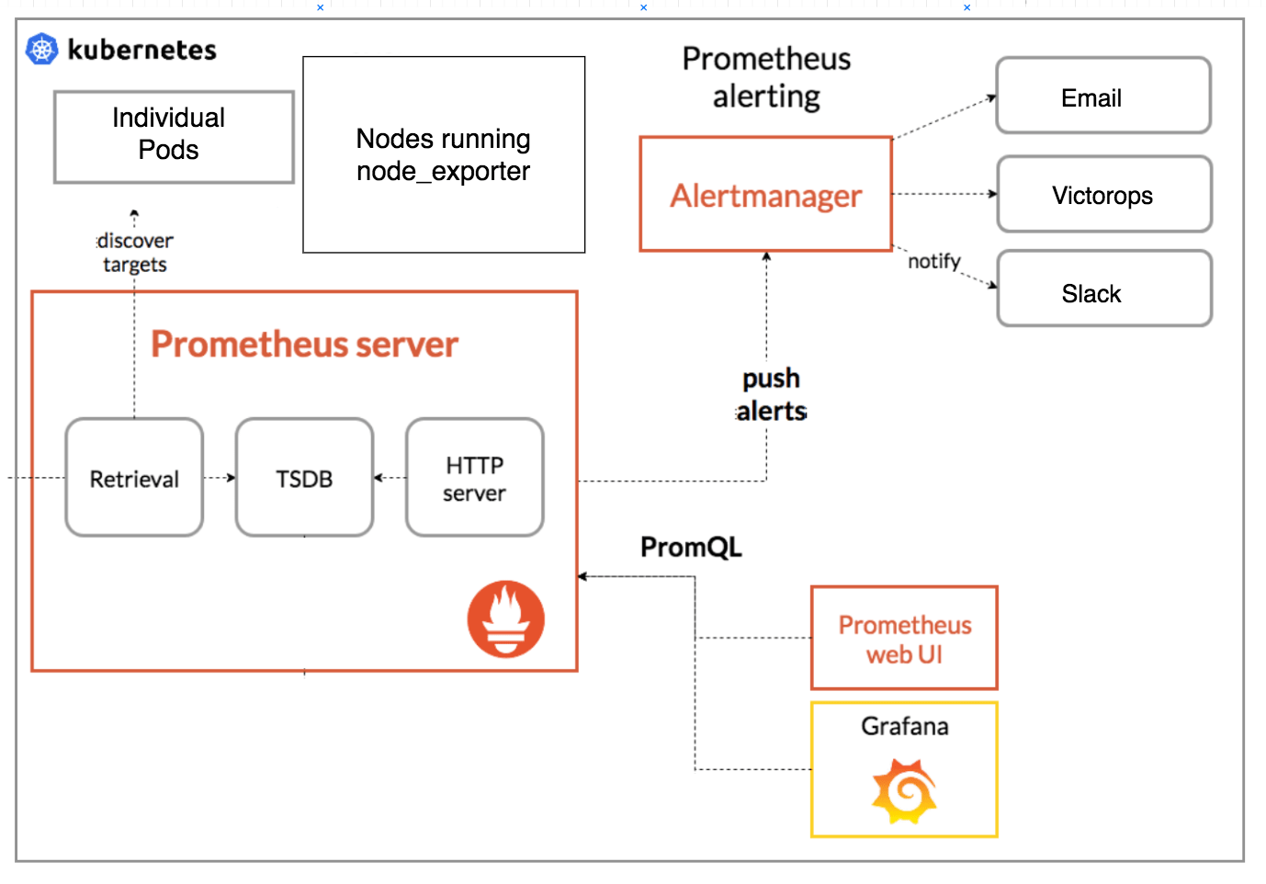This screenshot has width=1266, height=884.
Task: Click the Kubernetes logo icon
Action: click(42, 49)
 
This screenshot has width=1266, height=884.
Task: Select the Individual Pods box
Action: click(174, 136)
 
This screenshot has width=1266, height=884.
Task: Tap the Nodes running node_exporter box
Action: click(444, 154)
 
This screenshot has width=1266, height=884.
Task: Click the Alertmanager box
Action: click(765, 194)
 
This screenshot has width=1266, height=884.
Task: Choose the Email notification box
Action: click(1102, 96)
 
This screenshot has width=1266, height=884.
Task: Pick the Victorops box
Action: click(1103, 194)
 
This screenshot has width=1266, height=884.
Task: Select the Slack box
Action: click(1103, 289)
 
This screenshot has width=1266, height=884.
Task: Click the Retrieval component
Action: click(134, 478)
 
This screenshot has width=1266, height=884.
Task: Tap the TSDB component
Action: click(304, 478)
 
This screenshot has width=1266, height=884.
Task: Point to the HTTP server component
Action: click(474, 478)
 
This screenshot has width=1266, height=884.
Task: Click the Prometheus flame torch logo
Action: click(505, 618)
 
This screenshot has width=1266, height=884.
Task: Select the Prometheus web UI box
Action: click(904, 639)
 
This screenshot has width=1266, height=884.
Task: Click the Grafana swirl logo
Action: click(904, 791)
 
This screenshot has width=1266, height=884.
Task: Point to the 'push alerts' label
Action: click(772, 394)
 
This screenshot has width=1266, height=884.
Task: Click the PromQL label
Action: click(691, 547)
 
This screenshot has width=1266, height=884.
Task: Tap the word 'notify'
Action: click(933, 261)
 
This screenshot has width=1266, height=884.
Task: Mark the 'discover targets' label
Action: click(135, 253)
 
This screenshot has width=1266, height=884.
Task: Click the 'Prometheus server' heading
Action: click(304, 345)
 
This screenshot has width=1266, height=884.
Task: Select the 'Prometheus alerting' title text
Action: click(766, 77)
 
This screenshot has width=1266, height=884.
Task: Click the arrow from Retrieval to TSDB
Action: click(220, 478)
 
